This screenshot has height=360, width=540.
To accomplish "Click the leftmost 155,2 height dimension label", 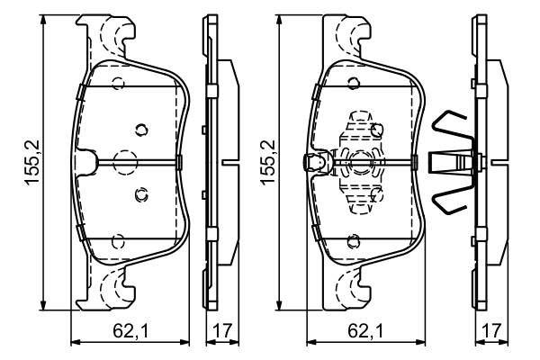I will [31, 162].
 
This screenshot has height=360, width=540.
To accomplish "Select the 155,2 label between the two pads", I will [267, 162].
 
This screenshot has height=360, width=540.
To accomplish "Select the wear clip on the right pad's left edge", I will [313, 163].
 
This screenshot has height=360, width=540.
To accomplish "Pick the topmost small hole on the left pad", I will [117, 85].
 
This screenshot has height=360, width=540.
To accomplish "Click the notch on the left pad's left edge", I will [85, 162].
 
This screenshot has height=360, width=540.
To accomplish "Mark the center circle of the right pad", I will [362, 162].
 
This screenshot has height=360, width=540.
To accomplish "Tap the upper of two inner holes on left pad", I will [139, 129].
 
